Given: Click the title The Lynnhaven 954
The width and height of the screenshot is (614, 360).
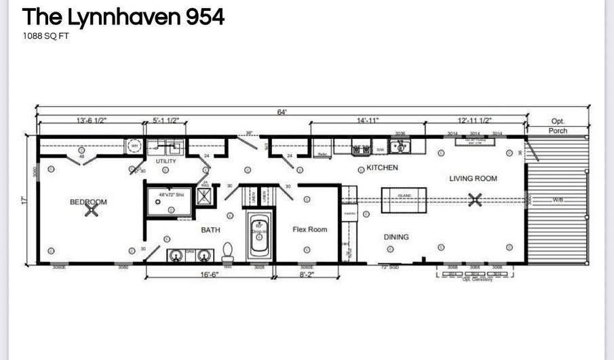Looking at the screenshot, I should tap(123, 18).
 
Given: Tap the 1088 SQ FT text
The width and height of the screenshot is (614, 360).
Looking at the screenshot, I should tap(46, 35).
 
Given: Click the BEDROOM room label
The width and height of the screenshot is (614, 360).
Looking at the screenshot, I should tap(88, 201).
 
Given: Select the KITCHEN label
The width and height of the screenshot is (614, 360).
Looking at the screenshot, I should tap(382, 167).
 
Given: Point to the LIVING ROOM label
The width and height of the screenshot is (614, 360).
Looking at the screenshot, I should tap(473, 179).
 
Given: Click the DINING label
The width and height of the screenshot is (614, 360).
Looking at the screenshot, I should tap(396, 237).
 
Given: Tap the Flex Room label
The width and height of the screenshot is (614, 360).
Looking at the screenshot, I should tap(309, 229).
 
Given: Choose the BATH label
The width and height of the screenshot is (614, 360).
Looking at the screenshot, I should tap(210, 230).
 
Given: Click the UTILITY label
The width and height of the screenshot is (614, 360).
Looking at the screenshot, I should tap(166, 161).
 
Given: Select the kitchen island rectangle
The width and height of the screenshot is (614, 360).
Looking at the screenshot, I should tap(404, 200).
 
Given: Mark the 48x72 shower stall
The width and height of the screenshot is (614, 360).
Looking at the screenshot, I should tap(170, 202).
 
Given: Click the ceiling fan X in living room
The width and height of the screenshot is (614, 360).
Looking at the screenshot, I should tap(476, 199).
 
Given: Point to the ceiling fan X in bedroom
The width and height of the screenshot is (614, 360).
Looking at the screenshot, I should tap(91, 211).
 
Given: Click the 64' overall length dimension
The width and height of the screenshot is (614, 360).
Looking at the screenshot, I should tap(282, 112).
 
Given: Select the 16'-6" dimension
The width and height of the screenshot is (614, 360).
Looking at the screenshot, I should tap(210, 275).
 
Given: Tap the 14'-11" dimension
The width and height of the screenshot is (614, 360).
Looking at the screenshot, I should tap(367, 120).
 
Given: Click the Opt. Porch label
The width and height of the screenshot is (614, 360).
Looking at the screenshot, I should tap(558, 125).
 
